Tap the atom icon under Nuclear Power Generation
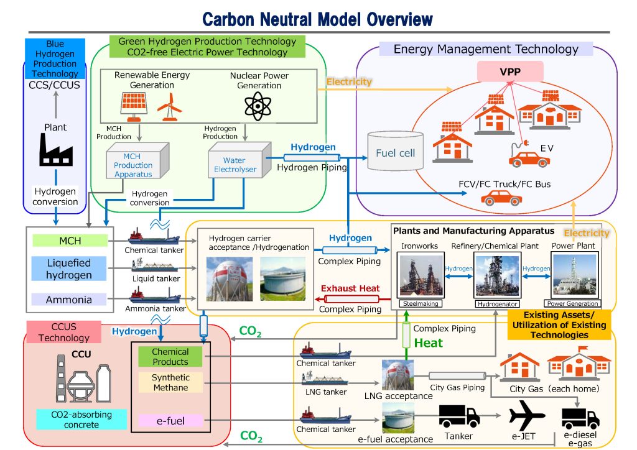[258, 106]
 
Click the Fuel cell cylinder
[395, 152]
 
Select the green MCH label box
[70, 240]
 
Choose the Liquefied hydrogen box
[69, 269]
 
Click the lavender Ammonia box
[69, 300]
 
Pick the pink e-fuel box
[170, 421]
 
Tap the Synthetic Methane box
[170, 382]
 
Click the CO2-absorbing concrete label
[72, 420]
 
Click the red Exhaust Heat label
[350, 288]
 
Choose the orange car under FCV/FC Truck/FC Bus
[501, 199]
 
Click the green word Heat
[429, 342]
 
